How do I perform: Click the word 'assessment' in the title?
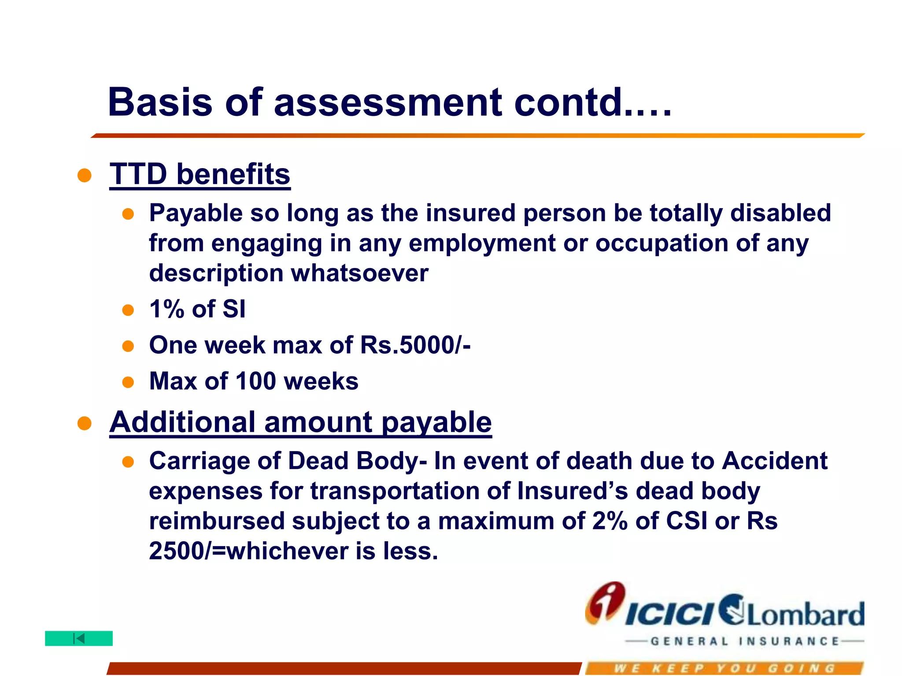pos(388,103)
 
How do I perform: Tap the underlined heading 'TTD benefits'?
pos(200,174)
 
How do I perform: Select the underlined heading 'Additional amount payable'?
pos(300,422)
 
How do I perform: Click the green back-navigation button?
pos(79,638)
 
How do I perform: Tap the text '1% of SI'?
pos(197,309)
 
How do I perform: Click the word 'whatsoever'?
pos(359,273)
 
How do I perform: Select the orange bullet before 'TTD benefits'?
pos(84,176)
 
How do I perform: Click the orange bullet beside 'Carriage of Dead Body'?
pos(128,462)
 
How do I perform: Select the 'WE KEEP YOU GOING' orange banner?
pos(724,668)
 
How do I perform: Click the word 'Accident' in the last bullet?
pos(775,461)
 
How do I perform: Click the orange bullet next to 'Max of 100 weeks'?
pos(128,382)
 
